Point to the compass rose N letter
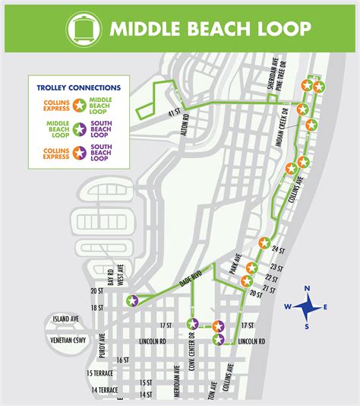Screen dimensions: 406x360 click(308, 288)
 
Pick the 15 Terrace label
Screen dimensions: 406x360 click(102, 373)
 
